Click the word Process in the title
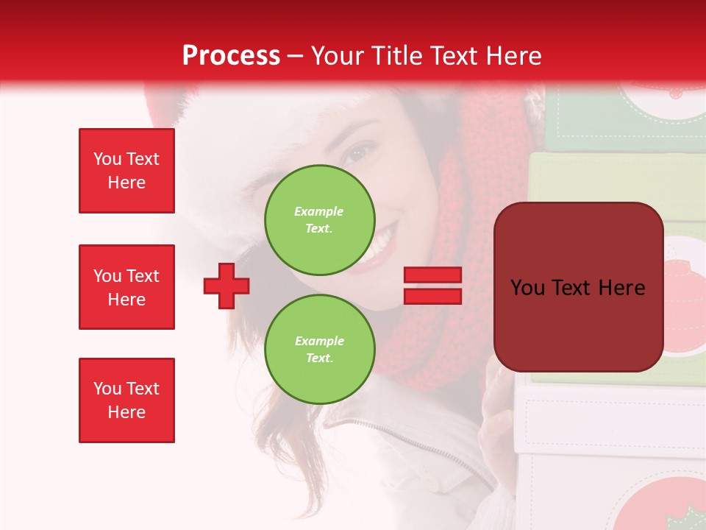point(231,55)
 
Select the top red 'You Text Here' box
point(126,171)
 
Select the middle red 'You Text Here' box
point(126,287)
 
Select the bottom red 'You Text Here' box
point(126,400)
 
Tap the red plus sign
point(227,286)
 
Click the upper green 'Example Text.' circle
point(319,219)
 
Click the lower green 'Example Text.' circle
point(319,349)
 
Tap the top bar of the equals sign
point(432,275)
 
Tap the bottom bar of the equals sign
point(432,296)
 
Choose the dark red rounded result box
point(578,287)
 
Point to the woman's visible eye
point(360,154)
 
